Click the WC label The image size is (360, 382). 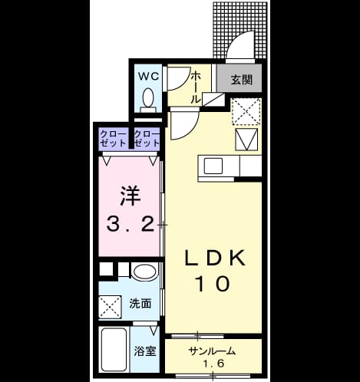(x=148, y=76)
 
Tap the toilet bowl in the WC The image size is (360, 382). (x=148, y=98)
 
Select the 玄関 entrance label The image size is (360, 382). (x=242, y=80)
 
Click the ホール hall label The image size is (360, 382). (x=196, y=87)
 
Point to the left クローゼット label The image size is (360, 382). (x=113, y=139)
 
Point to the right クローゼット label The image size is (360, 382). (x=147, y=139)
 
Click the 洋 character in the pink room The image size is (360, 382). (x=130, y=196)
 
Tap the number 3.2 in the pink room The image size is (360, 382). (x=130, y=225)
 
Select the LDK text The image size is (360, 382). (x=215, y=258)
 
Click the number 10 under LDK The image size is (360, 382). (x=213, y=284)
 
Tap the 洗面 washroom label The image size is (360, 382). (x=140, y=304)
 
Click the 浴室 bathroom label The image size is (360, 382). (x=145, y=351)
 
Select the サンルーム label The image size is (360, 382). (x=212, y=351)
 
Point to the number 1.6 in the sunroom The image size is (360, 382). (x=213, y=363)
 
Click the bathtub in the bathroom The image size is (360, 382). (x=114, y=350)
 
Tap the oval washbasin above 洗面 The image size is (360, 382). (x=144, y=272)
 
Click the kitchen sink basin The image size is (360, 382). (x=213, y=166)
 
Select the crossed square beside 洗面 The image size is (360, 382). (x=110, y=307)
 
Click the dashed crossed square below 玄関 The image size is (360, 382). (x=246, y=111)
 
